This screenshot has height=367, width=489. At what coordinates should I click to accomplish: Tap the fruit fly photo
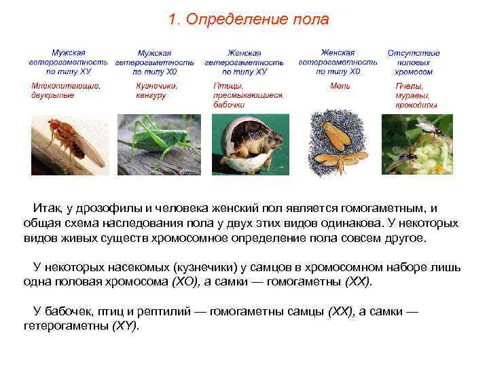point(70,145)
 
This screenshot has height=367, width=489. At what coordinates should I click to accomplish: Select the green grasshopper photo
point(159,145)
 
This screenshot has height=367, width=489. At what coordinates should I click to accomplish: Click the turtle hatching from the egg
point(250,145)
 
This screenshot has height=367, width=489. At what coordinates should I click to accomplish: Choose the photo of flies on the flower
point(417,145)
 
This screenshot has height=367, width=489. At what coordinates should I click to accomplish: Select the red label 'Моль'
point(340,86)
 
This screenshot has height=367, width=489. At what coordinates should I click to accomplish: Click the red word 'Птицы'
point(225,86)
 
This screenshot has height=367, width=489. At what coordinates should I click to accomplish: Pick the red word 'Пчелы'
point(409,86)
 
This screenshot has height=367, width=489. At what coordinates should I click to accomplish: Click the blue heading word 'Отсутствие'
point(414,53)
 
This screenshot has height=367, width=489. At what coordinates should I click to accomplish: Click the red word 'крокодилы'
point(416,105)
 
